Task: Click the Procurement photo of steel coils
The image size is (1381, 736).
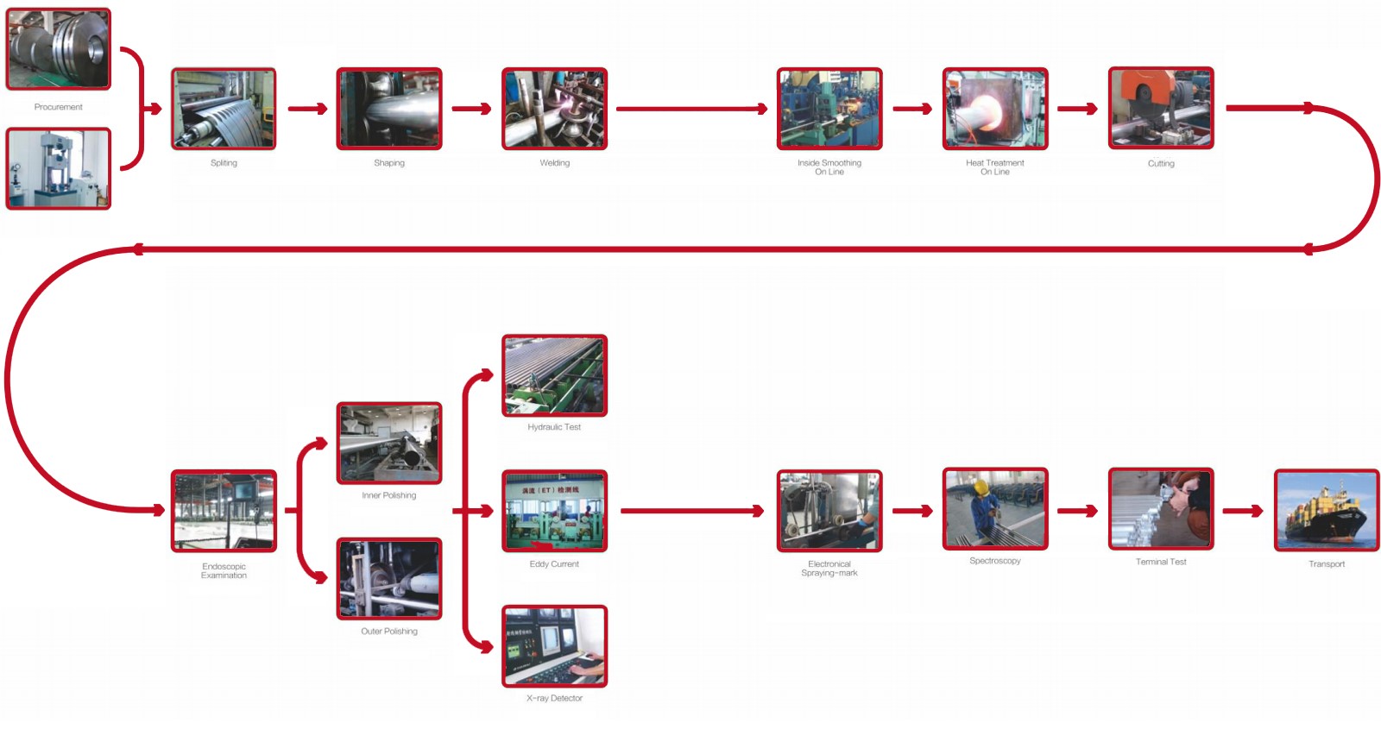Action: [x=59, y=49]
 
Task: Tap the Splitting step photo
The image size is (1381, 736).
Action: [x=224, y=109]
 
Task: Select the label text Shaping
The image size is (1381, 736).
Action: [x=389, y=163]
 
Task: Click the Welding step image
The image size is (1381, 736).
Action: [x=554, y=109]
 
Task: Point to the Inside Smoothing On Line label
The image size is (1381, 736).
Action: [x=829, y=167]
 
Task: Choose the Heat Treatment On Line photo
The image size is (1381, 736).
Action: [x=994, y=109]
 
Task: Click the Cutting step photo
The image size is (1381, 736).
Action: [x=1161, y=108]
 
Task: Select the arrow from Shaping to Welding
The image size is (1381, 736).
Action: [x=471, y=109]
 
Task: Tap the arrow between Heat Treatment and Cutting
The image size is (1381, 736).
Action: [x=1077, y=109]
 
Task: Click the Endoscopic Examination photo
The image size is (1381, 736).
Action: [x=224, y=511]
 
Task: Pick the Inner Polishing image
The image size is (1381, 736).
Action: [x=389, y=443]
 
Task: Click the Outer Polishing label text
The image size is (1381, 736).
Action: [x=389, y=632]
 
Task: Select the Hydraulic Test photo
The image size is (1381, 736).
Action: [x=554, y=375]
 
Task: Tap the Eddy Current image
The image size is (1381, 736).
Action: [x=554, y=511]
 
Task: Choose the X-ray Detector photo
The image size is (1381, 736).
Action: [x=554, y=646]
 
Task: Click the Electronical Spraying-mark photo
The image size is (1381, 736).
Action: [x=829, y=511]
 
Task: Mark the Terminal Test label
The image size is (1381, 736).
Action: [x=1161, y=562]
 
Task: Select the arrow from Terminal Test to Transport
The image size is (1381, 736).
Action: [x=1243, y=512]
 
